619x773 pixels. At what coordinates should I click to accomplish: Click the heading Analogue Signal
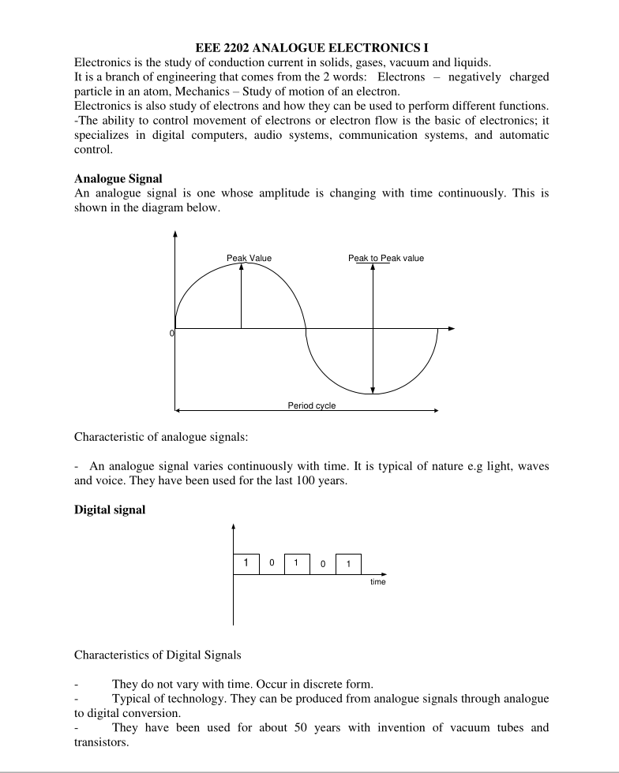point(118,178)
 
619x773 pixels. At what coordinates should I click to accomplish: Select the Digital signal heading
point(110,510)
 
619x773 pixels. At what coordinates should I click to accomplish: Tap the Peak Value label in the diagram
point(249,258)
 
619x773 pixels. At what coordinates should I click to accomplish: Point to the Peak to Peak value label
point(385,258)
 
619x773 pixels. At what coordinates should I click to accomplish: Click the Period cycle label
point(311,405)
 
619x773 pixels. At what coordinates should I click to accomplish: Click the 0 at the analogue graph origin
point(171,334)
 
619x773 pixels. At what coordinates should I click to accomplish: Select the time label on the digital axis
point(378,582)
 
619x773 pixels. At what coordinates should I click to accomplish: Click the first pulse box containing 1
point(246,563)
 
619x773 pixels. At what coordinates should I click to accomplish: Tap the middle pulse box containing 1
point(297,563)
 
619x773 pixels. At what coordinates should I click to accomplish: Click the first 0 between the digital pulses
point(272,564)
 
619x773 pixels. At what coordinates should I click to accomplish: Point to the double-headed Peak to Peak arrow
point(373,327)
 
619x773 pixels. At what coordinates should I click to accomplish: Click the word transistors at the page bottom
point(101,742)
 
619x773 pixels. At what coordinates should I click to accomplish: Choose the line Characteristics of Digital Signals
point(157,655)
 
